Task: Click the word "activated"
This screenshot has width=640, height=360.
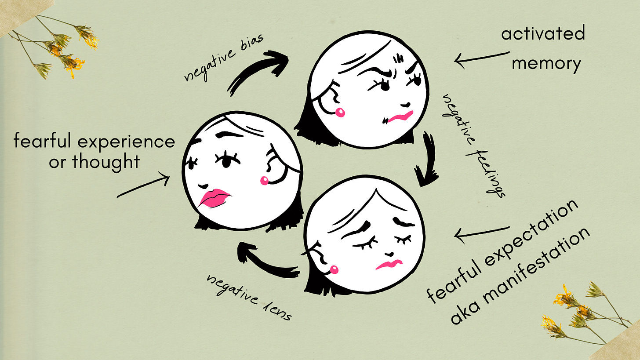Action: [x=543, y=33]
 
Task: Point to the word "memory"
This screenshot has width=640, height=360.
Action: [x=546, y=64]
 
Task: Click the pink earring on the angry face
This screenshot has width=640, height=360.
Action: [x=340, y=113]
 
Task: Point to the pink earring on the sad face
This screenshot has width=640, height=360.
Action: [x=334, y=269]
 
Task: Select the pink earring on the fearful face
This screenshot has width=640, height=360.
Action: [x=265, y=180]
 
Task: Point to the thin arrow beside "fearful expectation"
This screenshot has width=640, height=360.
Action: [x=481, y=233]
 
